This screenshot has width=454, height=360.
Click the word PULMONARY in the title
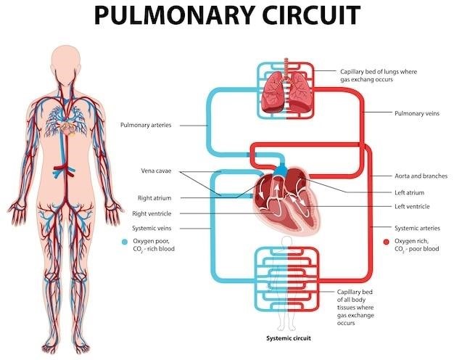(174, 15)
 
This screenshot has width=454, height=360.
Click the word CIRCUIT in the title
(311, 15)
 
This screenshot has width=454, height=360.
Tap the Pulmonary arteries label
(146, 126)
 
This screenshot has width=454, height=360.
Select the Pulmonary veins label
(417, 113)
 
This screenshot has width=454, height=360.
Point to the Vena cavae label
(156, 171)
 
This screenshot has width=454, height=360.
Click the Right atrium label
(154, 198)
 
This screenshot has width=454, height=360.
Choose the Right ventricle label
(152, 213)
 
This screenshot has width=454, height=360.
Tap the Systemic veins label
(152, 229)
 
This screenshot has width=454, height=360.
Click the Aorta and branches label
(421, 176)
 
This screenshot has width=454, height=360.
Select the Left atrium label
(410, 193)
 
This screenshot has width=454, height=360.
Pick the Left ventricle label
(412, 207)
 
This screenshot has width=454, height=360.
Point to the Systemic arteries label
(417, 229)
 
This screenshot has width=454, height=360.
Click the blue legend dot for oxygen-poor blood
(125, 242)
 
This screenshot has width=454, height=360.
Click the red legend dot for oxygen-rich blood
(386, 242)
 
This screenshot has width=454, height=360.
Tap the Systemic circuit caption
(289, 338)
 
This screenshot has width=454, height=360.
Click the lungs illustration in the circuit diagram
(286, 92)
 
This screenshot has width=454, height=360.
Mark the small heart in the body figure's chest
(67, 127)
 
